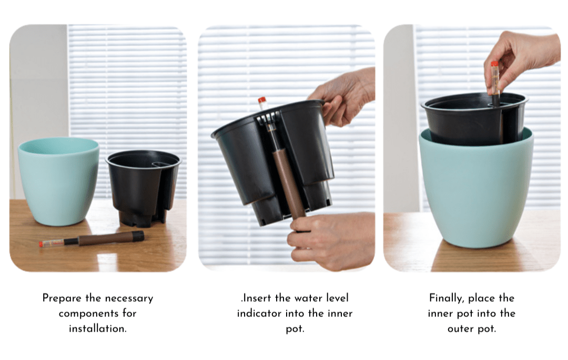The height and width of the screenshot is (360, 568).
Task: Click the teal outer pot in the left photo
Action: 59,181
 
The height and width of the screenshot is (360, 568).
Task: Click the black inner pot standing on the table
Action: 143,188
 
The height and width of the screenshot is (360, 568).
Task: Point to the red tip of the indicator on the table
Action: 42,244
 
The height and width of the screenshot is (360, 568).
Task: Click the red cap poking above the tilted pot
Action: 261,100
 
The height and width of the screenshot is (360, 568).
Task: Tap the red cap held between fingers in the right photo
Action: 494,65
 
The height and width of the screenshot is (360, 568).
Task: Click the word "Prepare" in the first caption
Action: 62,299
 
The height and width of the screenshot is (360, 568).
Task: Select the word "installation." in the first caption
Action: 98,329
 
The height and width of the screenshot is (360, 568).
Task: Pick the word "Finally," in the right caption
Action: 447,299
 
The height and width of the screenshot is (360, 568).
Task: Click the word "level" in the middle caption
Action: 337,298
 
